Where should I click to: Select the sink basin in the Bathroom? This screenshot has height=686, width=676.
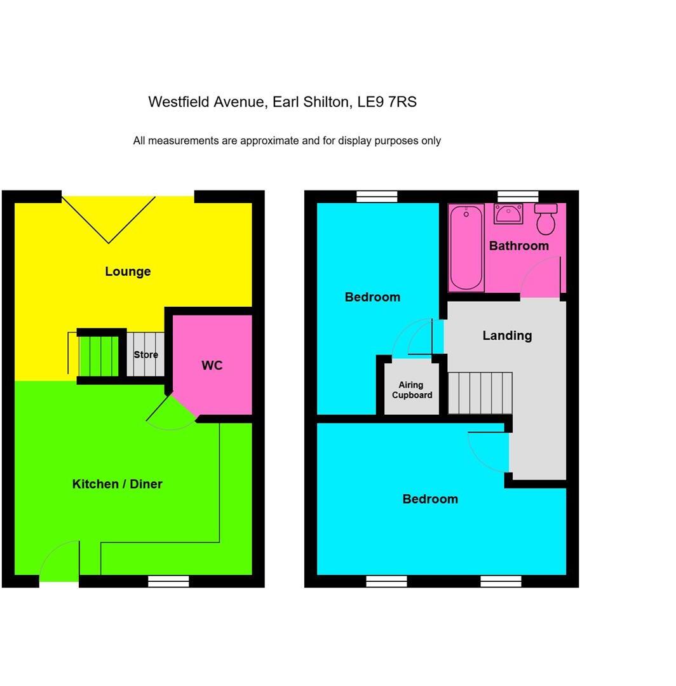tap(508, 214)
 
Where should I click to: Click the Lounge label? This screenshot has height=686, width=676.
tap(128, 271)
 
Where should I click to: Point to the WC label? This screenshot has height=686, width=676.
tap(212, 365)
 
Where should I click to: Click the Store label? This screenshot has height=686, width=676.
tap(145, 354)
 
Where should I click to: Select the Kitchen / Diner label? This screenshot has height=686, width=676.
tap(117, 484)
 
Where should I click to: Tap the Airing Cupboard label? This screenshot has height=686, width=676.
tap(412, 390)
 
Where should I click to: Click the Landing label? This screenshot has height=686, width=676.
tap(507, 335)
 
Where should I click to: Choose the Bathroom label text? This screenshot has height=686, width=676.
tap(518, 246)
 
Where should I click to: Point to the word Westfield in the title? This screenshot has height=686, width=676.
tap(178, 102)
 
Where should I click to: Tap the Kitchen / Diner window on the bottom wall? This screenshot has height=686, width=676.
tap(168, 581)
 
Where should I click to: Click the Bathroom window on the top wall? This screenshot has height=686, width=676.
tap(518, 196)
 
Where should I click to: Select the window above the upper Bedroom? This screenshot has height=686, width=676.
tap(377, 196)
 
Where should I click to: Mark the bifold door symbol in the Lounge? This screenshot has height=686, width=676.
tap(109, 219)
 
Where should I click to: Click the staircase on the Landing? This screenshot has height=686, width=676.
tap(480, 393)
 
